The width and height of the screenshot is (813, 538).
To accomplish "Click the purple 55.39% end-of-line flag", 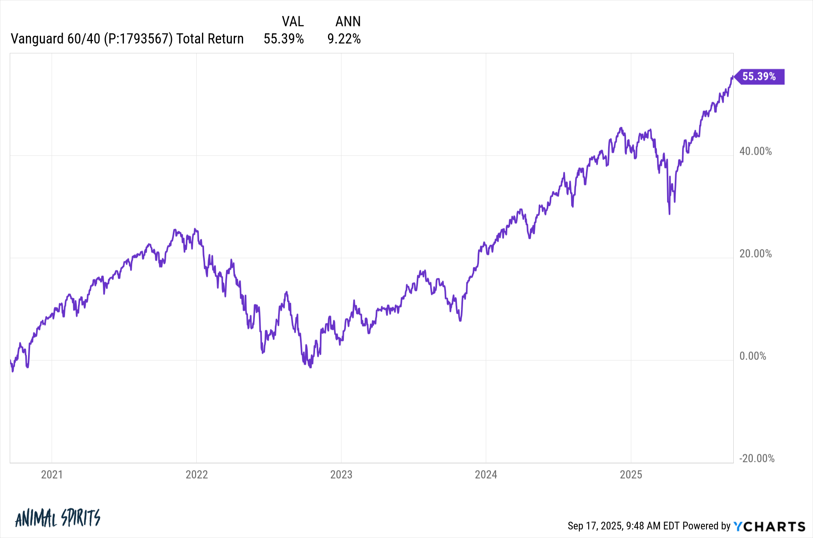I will [x=759, y=76].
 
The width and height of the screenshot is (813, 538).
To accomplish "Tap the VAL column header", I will [x=293, y=21].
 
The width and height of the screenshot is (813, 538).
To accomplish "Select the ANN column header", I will [x=348, y=21].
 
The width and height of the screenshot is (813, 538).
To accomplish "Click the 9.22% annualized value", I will [x=344, y=39].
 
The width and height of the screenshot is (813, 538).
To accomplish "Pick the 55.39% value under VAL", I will [x=284, y=39].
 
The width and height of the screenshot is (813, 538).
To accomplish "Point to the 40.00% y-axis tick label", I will [x=755, y=151].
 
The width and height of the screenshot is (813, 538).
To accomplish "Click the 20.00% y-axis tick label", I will [x=755, y=254].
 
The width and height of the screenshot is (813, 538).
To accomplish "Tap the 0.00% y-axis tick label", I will [x=752, y=356].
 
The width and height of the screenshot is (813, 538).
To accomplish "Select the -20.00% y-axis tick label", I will [x=756, y=458].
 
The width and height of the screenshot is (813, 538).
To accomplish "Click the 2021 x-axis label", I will [x=52, y=475].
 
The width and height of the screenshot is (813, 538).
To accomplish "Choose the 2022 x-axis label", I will [x=196, y=475].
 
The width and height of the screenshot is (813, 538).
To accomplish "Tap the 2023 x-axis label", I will [x=341, y=475].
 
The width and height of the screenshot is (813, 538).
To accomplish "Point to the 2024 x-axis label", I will [x=486, y=475].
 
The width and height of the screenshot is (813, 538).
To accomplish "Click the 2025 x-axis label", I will [x=630, y=475].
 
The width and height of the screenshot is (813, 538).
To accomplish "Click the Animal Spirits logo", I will [x=57, y=518].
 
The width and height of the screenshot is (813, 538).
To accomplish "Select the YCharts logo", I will [x=769, y=526].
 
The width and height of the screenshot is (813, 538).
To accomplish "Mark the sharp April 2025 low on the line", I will [x=669, y=213].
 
